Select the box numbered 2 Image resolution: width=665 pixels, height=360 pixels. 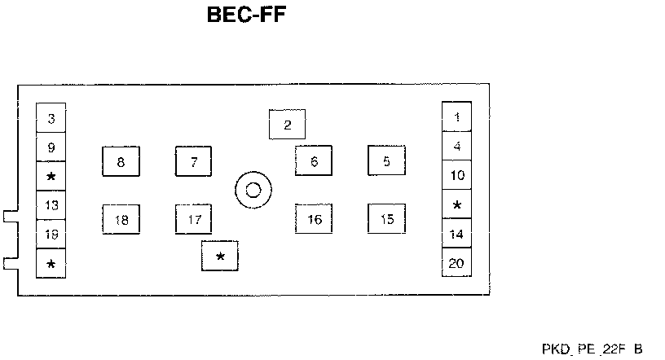coord(287,125)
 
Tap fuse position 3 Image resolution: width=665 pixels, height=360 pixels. coord(51,119)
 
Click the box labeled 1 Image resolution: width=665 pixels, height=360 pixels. coord(456,116)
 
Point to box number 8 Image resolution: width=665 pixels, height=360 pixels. coord(121,162)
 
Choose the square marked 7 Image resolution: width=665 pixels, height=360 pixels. coord(194,162)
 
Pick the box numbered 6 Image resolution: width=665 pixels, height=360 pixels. coord(314,161)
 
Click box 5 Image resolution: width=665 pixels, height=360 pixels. coord(386,161)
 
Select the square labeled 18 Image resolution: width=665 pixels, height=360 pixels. coord(121,220)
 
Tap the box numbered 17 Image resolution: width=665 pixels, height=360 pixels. coord(194,220)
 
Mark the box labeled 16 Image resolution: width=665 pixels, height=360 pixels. coord(314,219)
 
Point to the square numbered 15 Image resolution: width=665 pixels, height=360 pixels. coord(386,218)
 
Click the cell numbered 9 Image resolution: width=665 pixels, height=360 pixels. coord(51,147)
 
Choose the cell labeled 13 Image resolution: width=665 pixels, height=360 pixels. coord(51,205)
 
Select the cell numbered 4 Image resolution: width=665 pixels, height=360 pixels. coord(456,147)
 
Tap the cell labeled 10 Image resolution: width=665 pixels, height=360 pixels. coord(456,175)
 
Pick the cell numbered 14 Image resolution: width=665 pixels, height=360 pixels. coord(456,234)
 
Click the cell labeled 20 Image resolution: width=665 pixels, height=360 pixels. coord(456,262)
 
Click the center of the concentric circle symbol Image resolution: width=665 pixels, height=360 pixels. coord(253,191)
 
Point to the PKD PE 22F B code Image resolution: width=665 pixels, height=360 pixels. coord(592,349)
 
